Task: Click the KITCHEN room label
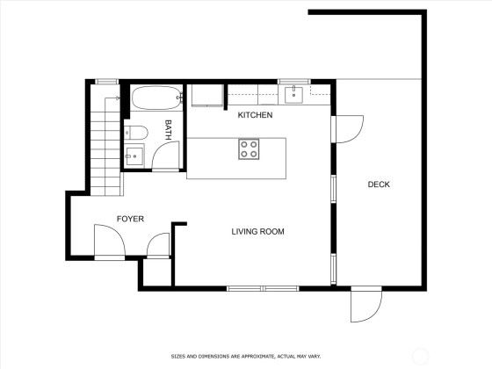(x=255, y=115)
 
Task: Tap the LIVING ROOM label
(x=258, y=232)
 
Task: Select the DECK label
(x=379, y=184)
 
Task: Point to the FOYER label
(x=130, y=219)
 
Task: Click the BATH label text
(x=168, y=130)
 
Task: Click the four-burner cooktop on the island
(x=249, y=149)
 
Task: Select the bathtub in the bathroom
(x=156, y=98)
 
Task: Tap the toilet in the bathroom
(x=135, y=133)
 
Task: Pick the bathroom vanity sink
(x=134, y=156)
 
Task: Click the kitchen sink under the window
(x=293, y=95)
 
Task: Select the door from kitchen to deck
(x=348, y=129)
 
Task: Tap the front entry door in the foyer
(x=110, y=240)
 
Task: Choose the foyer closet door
(x=158, y=245)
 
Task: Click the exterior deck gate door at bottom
(x=365, y=304)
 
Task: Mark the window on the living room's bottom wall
(x=263, y=288)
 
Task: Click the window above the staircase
(x=106, y=82)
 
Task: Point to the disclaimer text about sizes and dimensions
(x=246, y=357)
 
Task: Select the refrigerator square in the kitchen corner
(x=207, y=95)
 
